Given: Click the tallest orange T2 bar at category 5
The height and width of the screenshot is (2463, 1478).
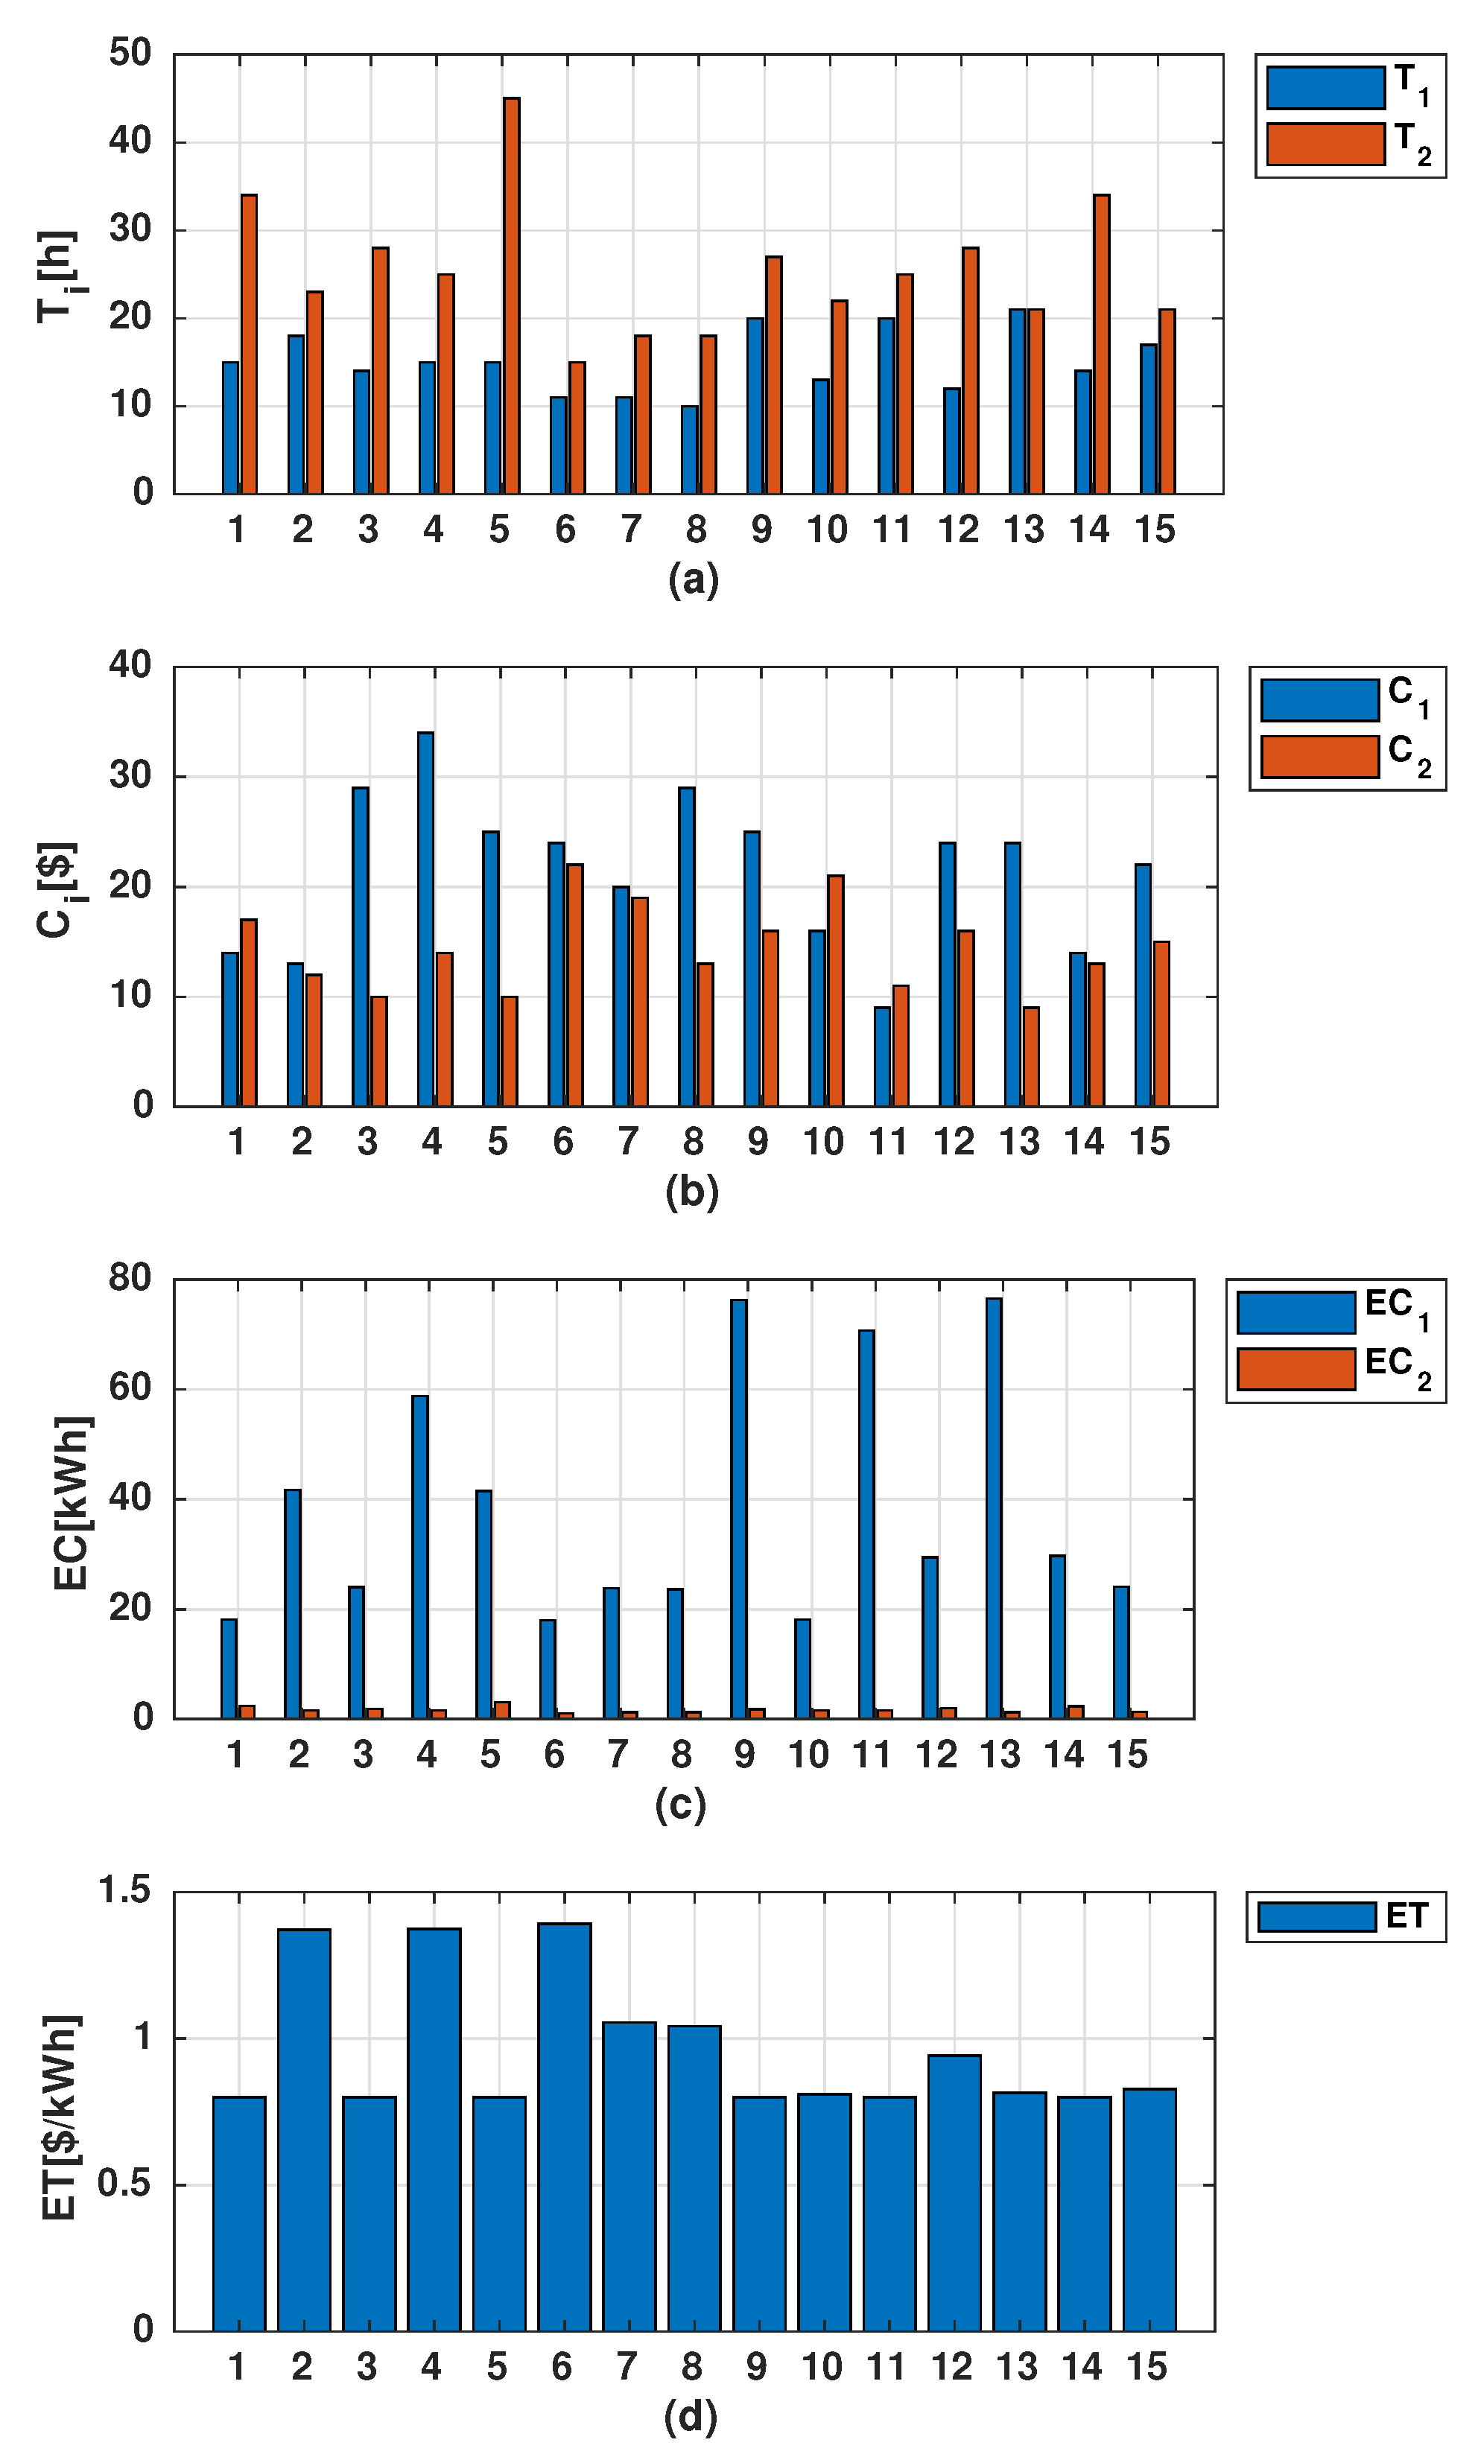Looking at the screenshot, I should (x=511, y=296).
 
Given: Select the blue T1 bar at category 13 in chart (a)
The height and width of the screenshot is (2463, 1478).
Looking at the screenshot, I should (x=1017, y=401).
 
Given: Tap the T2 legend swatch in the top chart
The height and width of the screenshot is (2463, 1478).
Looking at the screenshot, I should (x=1325, y=144).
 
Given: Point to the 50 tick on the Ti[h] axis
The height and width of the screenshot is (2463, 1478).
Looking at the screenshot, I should (x=130, y=53).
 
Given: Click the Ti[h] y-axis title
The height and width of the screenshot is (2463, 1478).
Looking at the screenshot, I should (x=57, y=276).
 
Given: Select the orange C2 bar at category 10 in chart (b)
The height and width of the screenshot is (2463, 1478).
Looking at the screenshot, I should (x=834, y=991).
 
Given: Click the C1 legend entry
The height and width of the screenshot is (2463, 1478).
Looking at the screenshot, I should (x=1345, y=700).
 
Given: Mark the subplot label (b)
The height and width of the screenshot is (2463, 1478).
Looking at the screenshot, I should (x=691, y=1192).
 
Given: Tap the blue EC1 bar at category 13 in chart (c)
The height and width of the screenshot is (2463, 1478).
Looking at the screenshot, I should (x=993, y=1508).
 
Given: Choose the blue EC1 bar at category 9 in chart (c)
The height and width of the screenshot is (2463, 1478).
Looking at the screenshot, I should (x=738, y=1509).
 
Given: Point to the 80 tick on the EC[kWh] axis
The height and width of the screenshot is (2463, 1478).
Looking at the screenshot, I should (x=130, y=1278).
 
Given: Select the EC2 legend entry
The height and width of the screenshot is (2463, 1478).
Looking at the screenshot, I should (x=1334, y=1369).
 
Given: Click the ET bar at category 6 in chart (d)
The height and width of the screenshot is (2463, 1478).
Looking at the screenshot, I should (x=564, y=2126).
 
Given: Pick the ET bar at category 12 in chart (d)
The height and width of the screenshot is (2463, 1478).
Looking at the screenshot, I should (x=954, y=2192).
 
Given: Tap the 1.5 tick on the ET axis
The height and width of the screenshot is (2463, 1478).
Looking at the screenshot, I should (x=124, y=1890).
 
